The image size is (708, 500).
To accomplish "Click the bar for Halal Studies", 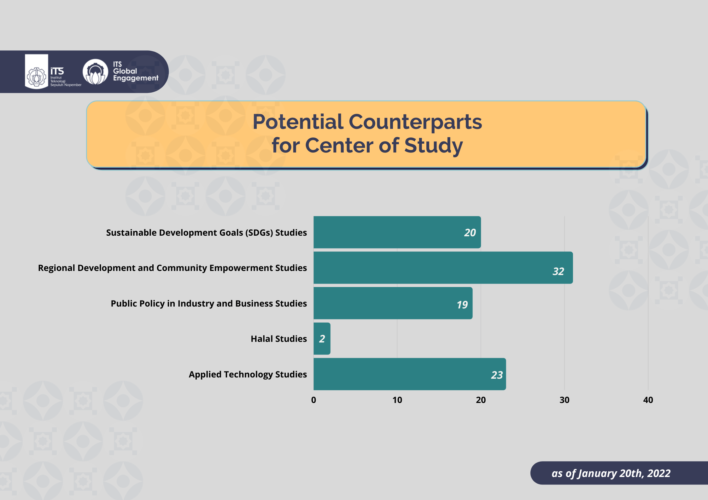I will tap(322, 338).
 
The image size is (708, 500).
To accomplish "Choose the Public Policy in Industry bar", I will tap(393, 303).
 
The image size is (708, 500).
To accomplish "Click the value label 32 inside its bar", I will tap(558, 271).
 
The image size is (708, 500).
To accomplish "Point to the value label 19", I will tap(462, 305).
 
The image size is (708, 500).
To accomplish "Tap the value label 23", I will tap(497, 375).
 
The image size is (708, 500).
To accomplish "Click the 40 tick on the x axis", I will tap(648, 400).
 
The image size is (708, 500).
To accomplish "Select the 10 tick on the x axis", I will tap(397, 400).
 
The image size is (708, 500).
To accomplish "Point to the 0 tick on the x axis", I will tap(313, 400).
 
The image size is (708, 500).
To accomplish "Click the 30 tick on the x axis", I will tap(565, 400).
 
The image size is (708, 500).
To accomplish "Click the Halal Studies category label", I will tap(279, 339).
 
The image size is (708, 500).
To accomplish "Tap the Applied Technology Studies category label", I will tap(248, 374).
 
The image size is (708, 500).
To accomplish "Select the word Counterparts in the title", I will tap(415, 122).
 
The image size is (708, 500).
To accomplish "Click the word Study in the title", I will tap(433, 146).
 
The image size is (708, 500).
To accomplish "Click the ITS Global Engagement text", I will tap(135, 72).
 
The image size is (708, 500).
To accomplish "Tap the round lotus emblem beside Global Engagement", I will tap(95, 72).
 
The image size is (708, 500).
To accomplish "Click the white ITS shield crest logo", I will tap(37, 72).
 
